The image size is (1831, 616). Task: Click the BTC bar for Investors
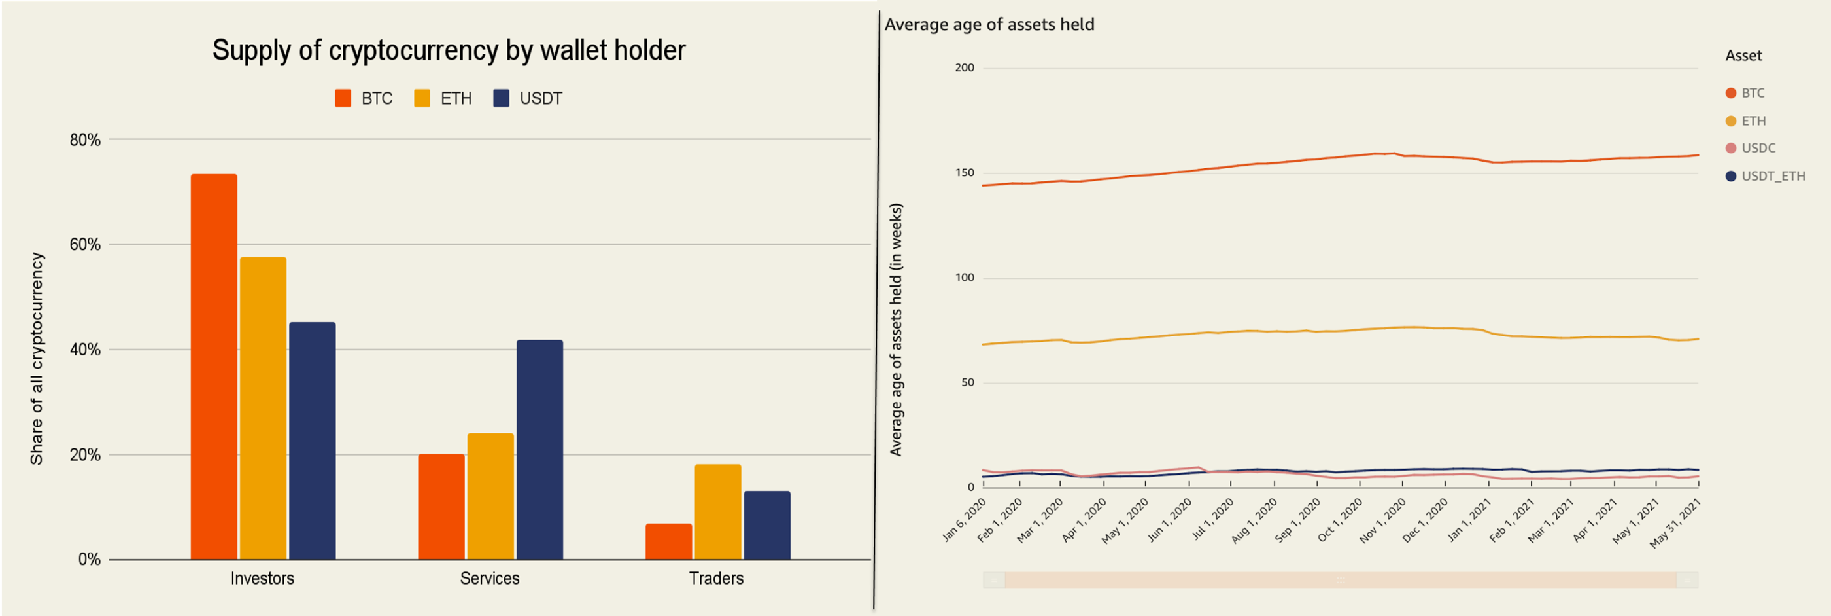(214, 367)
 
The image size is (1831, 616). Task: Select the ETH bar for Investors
(263, 408)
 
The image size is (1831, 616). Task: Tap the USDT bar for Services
(539, 450)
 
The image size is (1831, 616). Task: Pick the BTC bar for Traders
(668, 541)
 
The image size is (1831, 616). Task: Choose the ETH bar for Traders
(718, 512)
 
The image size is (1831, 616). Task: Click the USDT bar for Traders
(767, 525)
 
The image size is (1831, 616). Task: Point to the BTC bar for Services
(441, 507)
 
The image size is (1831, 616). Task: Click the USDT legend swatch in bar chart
(501, 98)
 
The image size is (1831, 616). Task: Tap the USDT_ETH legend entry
(1765, 175)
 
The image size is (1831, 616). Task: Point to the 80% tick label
(85, 139)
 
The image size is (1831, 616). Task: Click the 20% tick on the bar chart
(85, 454)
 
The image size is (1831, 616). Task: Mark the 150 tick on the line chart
(965, 172)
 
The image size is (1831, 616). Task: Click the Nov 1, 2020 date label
(1382, 520)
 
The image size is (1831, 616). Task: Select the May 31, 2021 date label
(1675, 523)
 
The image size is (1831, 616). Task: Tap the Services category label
(490, 578)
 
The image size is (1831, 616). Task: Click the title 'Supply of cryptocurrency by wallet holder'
(449, 50)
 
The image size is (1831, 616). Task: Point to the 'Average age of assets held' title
(989, 24)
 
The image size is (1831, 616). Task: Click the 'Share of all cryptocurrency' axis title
(36, 359)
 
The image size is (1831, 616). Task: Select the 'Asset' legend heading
(1743, 56)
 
